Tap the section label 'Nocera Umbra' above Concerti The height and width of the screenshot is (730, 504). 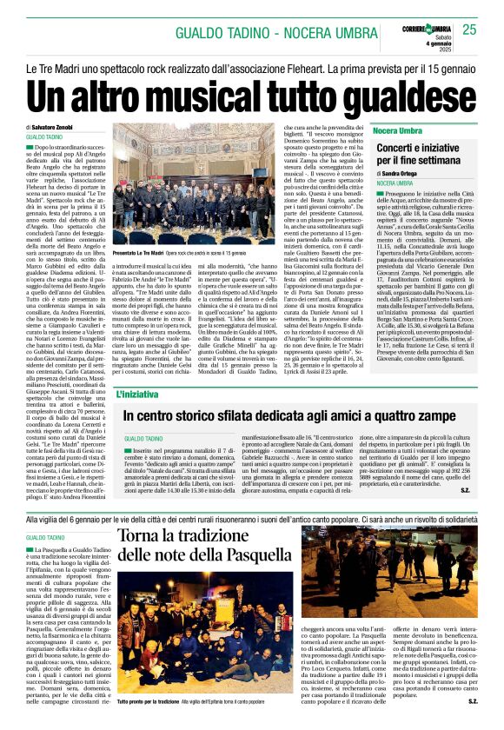pyautogui.click(x=396, y=129)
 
